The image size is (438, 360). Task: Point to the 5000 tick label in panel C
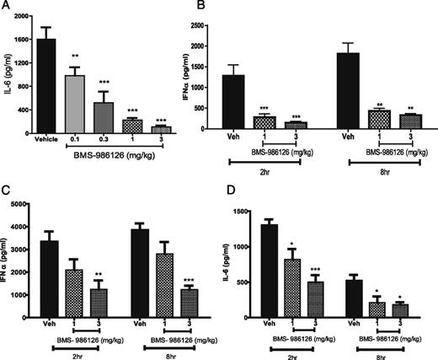coord(28,207)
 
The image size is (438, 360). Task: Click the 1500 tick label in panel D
coord(252,207)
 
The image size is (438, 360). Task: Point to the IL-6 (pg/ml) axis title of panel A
coord(8,76)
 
